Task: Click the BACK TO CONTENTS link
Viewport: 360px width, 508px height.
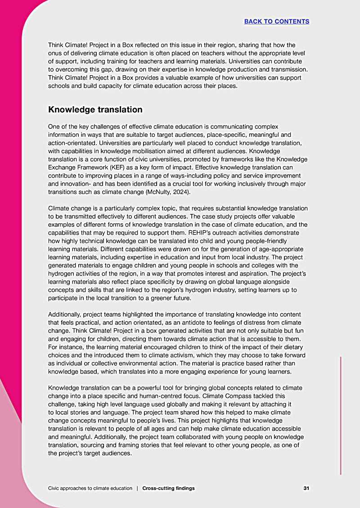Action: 276,21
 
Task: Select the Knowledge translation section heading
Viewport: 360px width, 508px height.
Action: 95,109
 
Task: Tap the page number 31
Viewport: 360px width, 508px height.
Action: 306,488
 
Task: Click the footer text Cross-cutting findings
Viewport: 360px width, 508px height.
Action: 168,488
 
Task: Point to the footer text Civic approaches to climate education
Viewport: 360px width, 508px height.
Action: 90,488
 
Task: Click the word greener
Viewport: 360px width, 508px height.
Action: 160,297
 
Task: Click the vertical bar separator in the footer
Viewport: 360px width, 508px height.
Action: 137,488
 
